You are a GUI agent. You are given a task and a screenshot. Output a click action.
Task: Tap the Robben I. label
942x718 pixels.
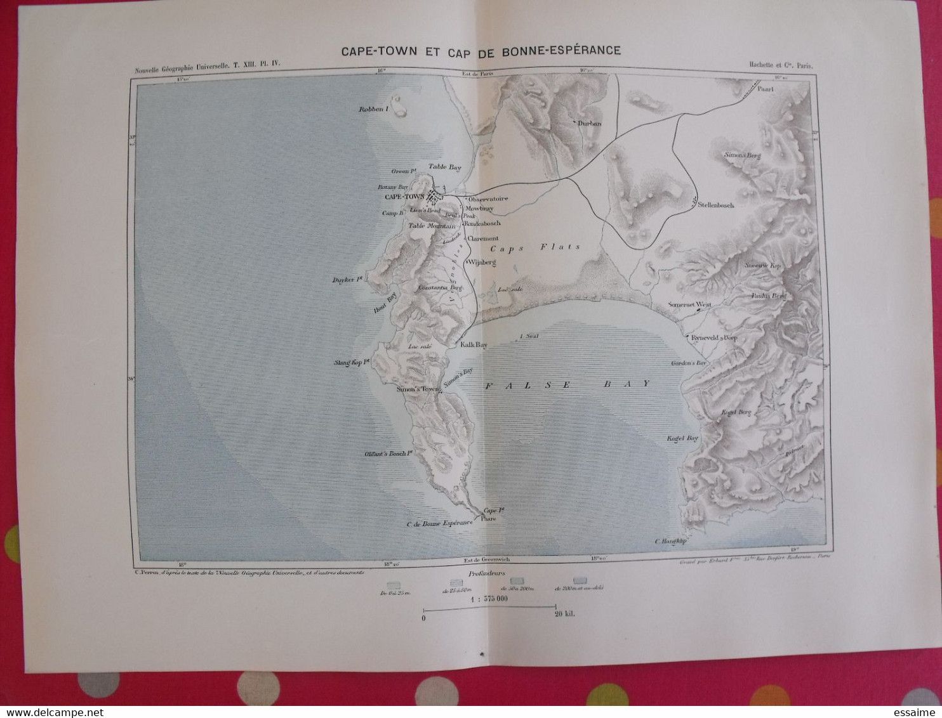pos(373,109)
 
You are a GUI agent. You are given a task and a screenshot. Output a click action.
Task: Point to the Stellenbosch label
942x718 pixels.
pos(715,206)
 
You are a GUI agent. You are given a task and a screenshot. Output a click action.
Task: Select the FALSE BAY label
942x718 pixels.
pos(567,384)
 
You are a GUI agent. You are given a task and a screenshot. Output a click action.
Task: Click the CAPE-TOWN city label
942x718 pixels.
pos(404,197)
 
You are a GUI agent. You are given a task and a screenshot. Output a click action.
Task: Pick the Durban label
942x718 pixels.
pos(588,124)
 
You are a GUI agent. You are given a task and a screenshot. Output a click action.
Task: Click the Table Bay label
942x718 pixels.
pos(444,167)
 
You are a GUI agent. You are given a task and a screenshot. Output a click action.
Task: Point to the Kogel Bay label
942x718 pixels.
pos(682,438)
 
